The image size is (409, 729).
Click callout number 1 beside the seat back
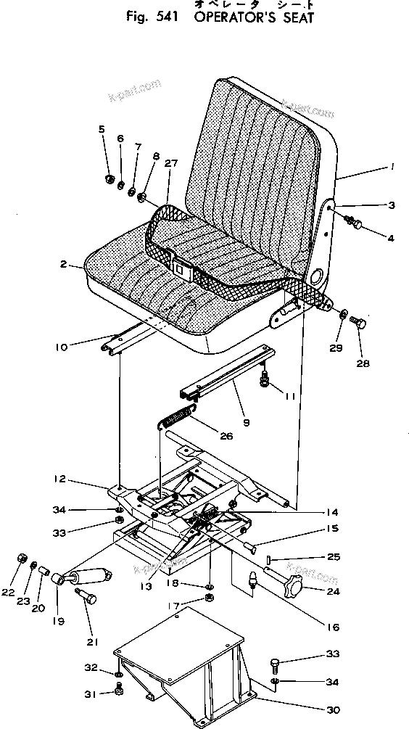(x=392, y=167)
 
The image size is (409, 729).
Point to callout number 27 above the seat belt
(x=170, y=164)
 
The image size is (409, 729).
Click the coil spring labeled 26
(x=176, y=419)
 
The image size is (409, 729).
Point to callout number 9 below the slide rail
(x=246, y=420)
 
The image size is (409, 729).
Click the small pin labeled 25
(x=268, y=559)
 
